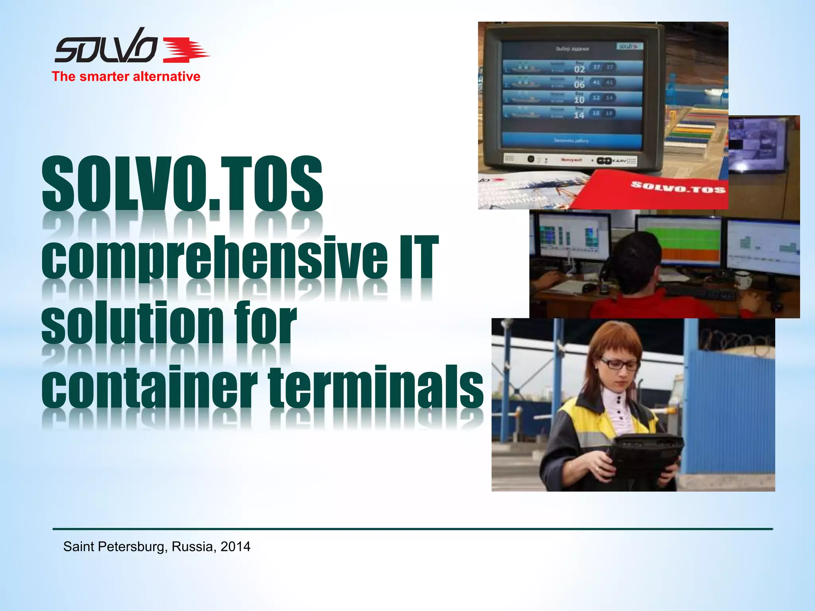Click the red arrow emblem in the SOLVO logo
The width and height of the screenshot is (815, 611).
point(185,50)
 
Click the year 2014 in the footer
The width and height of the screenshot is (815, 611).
point(235,547)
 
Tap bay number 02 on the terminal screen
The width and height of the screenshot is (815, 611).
point(579,69)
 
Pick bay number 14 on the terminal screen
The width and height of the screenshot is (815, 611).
point(579,115)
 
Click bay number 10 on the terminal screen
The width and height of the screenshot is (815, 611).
point(579,100)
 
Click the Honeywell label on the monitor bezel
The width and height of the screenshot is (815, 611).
point(571,160)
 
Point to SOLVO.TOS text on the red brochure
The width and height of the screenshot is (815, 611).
point(678,187)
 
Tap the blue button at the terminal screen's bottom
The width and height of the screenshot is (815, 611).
point(571,140)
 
